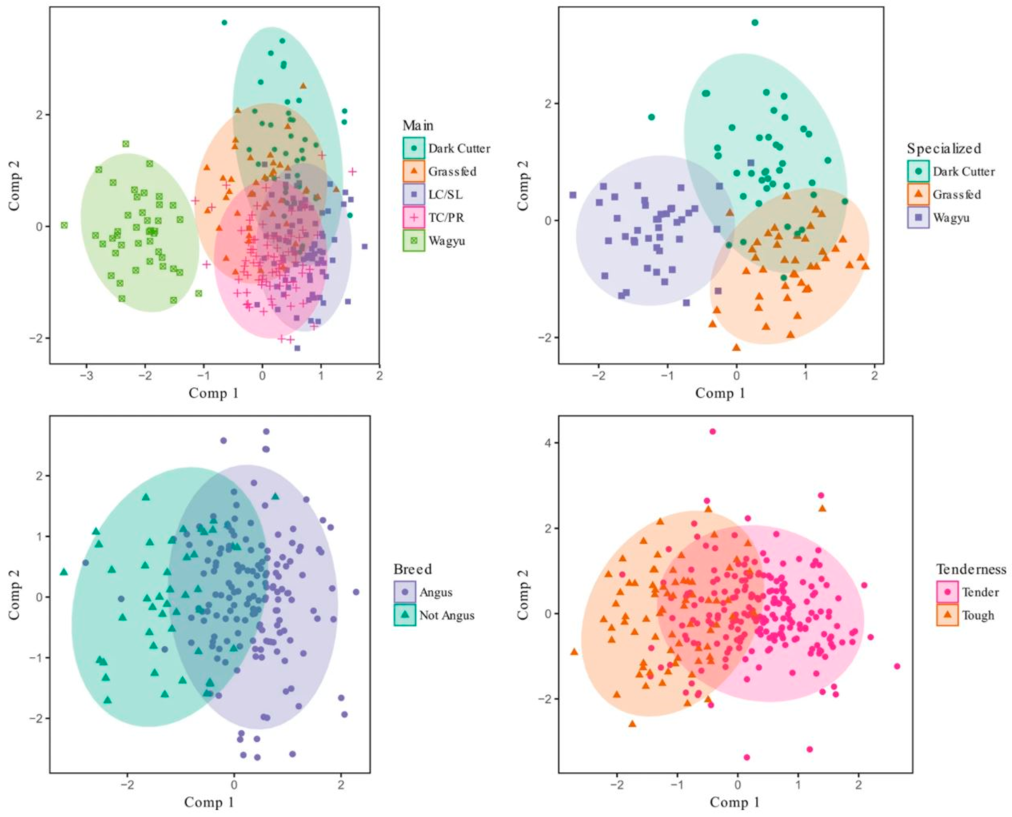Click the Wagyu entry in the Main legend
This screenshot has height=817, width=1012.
446,241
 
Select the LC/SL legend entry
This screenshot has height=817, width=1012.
445,194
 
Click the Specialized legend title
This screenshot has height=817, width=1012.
944,149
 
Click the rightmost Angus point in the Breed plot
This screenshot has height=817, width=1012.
356,592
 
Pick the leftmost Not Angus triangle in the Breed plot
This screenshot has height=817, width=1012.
64,572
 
